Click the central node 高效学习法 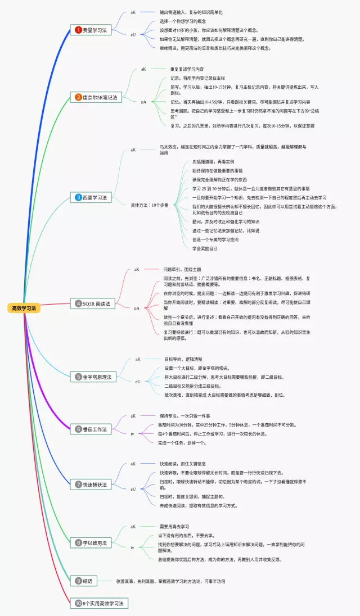pyautogui.click(x=24, y=308)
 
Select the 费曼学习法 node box pyautogui.click(x=92, y=30)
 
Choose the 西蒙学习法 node pyautogui.click(x=92, y=197)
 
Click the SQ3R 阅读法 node pyautogui.click(x=93, y=304)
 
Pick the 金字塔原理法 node pyautogui.click(x=94, y=377)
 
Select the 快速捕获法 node pyautogui.click(x=92, y=484)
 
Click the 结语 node pyautogui.click(x=85, y=580)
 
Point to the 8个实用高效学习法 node pyautogui.click(x=102, y=603)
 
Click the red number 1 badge pyautogui.click(x=78, y=30)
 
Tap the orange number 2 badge pyautogui.click(x=78, y=97)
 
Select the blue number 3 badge pyautogui.click(x=78, y=197)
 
